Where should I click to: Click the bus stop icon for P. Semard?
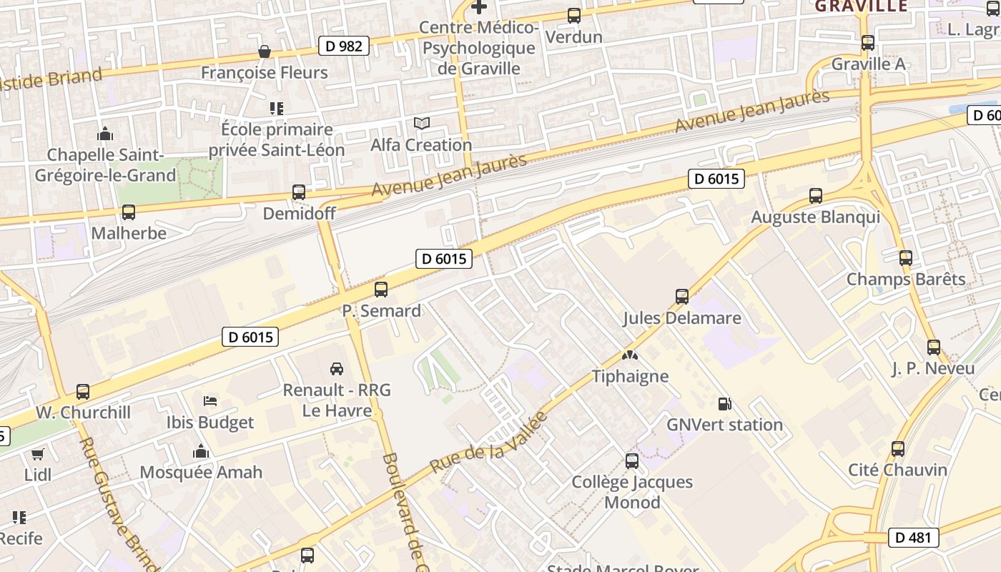tap(381, 290)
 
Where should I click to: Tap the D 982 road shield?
tap(345, 46)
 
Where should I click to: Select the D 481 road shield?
tap(913, 537)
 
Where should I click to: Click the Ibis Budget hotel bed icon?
tap(210, 401)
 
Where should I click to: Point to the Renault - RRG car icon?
tap(337, 369)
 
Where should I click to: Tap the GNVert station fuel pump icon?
tap(724, 404)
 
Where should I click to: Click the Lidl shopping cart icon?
tap(37, 454)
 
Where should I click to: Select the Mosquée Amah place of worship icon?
tap(201, 451)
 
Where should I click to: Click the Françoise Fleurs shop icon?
tap(265, 51)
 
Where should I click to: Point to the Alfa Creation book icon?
tap(422, 124)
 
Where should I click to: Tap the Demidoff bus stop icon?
tap(299, 192)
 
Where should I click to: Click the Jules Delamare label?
tap(681, 318)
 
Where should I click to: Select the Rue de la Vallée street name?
tap(488, 442)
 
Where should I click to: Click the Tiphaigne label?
tap(630, 376)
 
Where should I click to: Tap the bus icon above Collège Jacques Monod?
tap(632, 461)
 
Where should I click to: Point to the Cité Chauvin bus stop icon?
tap(898, 449)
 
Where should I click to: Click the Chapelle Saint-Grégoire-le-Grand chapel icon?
tap(105, 134)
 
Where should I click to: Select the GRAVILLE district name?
tap(861, 6)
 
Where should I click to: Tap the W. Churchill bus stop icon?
tap(83, 392)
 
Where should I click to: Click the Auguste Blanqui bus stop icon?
tap(815, 196)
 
